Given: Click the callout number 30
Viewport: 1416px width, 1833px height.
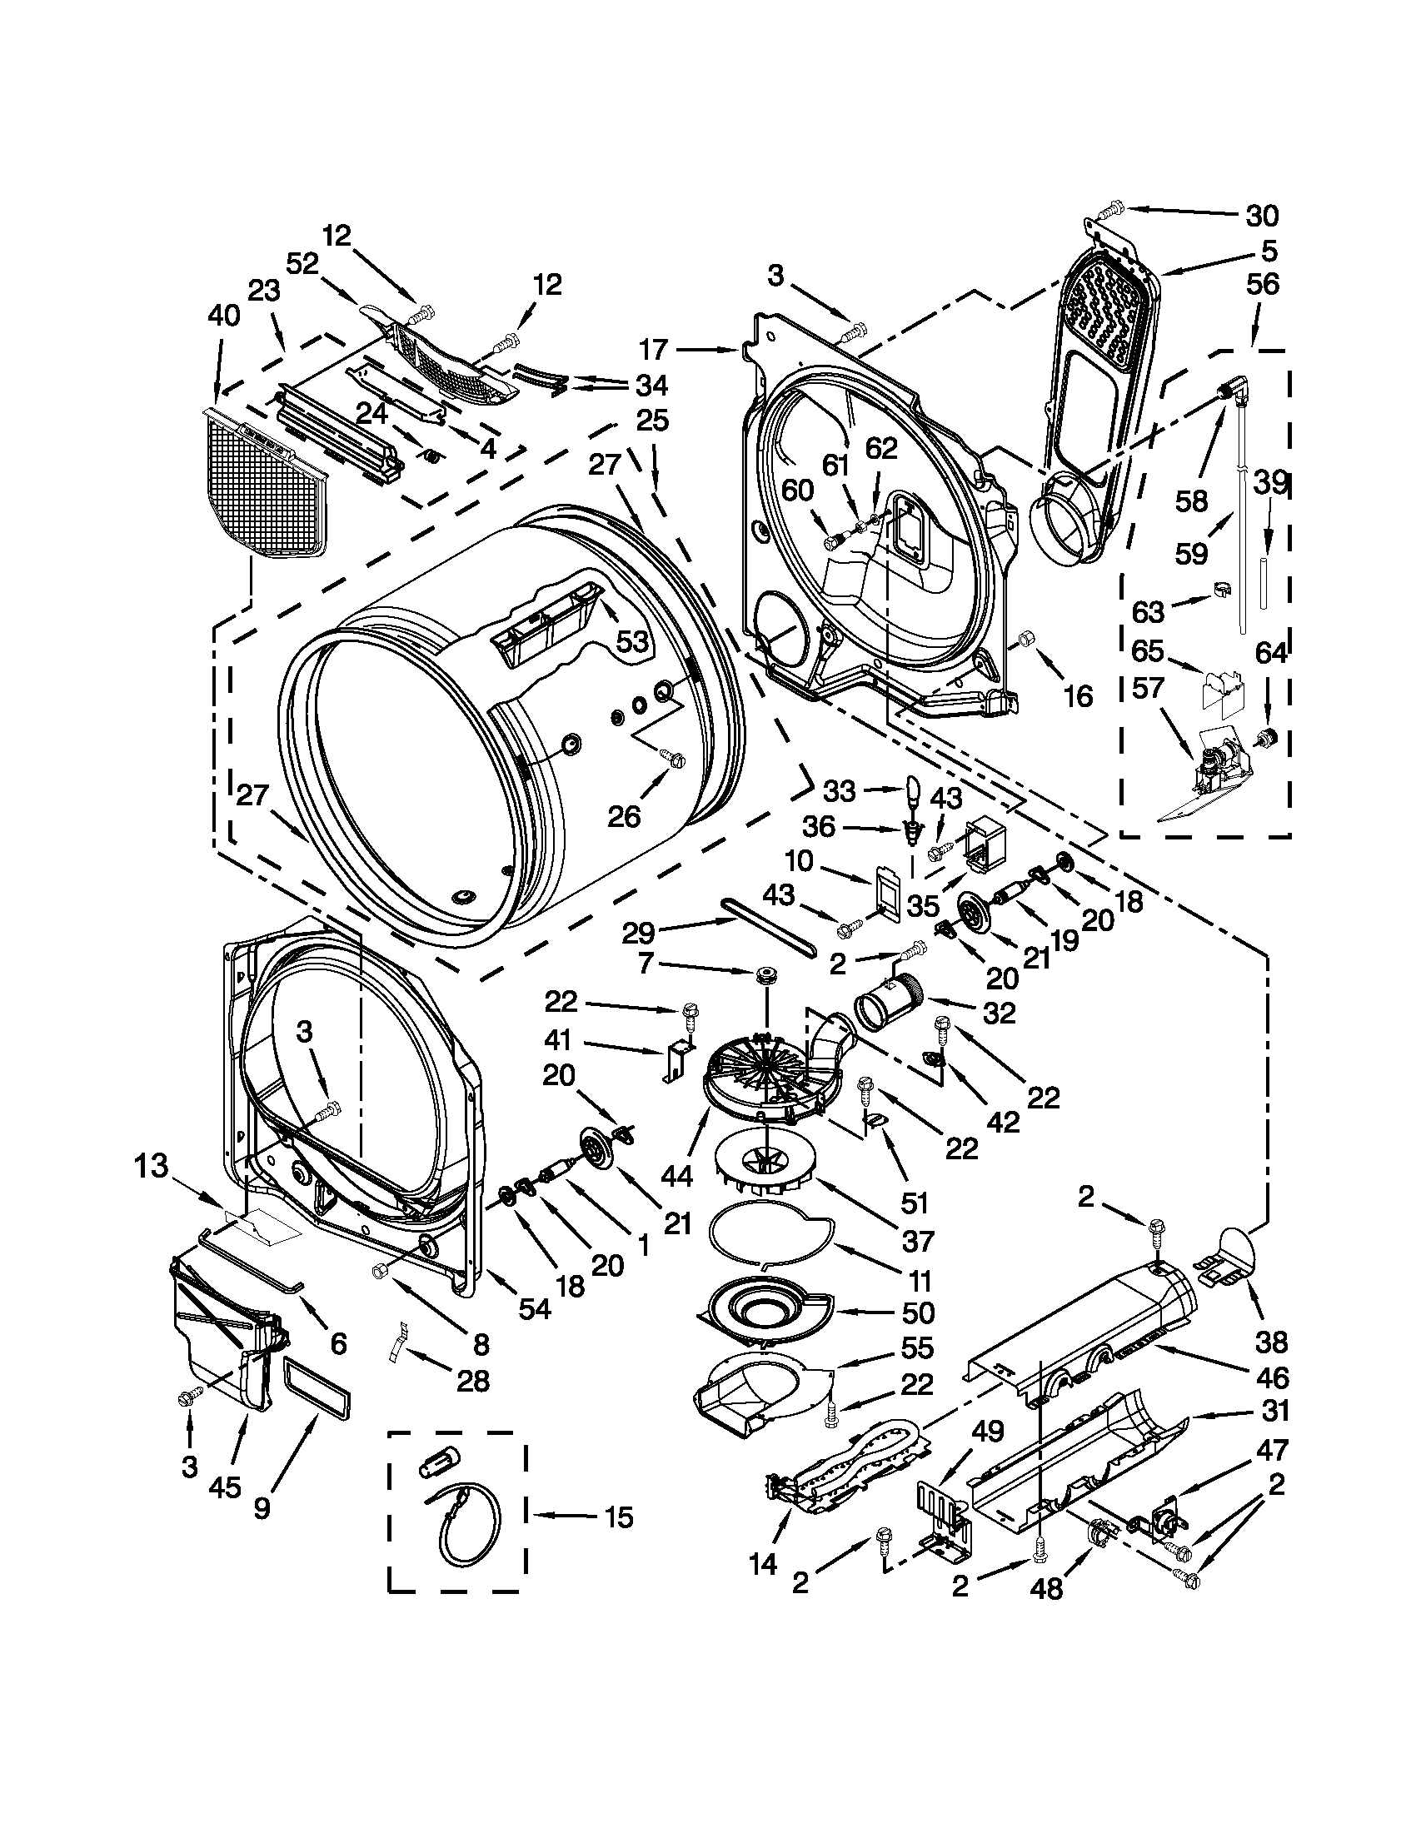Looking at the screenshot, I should coord(1261,217).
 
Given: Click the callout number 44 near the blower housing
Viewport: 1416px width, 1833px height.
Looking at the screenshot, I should coord(676,1176).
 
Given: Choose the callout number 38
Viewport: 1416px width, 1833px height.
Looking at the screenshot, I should coord(1271,1342).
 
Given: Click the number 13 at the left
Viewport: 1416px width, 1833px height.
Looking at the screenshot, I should coord(152,1166).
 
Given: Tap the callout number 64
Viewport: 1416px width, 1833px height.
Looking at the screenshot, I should coord(1270,653).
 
